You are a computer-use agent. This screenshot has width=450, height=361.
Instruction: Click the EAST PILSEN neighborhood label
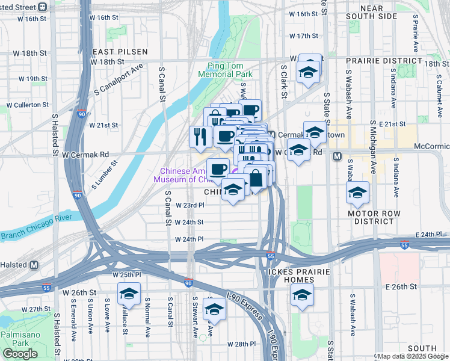pyautogui.click(x=114, y=52)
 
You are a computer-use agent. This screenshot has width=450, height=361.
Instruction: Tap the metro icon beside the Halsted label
pyautogui.click(x=34, y=265)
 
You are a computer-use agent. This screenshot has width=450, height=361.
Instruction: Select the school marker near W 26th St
pyautogui.click(x=128, y=294)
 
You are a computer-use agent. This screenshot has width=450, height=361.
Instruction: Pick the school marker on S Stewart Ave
pyautogui.click(x=213, y=309)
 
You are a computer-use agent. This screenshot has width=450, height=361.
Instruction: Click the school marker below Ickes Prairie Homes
pyautogui.click(x=302, y=294)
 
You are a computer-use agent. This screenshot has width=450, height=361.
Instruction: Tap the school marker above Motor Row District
pyautogui.click(x=357, y=193)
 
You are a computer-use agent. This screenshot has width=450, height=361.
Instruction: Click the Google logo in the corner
pyautogui.click(x=20, y=354)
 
